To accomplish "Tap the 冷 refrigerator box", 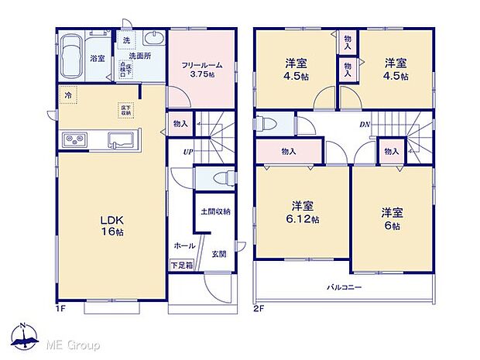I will tap(69, 96).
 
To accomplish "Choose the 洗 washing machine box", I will tap(126, 40).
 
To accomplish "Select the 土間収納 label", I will tap(214, 211).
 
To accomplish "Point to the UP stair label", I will tap(187, 151).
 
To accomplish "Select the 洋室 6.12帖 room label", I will tap(302, 212).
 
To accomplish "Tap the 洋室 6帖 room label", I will tap(391, 218).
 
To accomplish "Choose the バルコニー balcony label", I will tap(343, 287).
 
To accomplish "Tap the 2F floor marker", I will tap(259, 308).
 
